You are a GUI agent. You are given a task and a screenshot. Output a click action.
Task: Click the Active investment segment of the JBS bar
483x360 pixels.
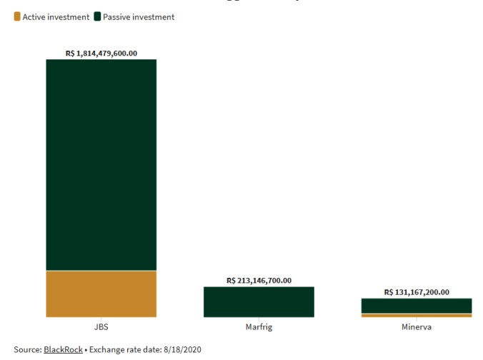pos(101,294)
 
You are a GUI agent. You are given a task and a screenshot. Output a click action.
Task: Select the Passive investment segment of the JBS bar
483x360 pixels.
pos(101,164)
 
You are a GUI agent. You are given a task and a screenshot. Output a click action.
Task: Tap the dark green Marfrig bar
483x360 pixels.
pos(259,301)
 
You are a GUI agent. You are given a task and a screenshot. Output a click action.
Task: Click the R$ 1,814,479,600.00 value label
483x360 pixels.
pos(101,53)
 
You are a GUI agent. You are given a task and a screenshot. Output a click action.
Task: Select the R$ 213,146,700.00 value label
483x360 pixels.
pos(259,281)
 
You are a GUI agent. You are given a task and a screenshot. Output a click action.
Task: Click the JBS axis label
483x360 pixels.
pos(101,327)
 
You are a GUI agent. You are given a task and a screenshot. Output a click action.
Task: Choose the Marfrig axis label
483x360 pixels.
pos(259,327)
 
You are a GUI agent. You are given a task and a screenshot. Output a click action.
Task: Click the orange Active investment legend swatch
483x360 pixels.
pos(17,16)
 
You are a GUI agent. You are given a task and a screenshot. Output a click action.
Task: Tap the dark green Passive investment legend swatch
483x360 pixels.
pos(98,16)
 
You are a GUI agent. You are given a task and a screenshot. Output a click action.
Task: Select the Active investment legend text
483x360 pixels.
pos(56,16)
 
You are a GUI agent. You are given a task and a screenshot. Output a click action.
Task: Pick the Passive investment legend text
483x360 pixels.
pos(139,16)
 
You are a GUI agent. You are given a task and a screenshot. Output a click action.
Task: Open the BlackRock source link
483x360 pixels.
pos(63,349)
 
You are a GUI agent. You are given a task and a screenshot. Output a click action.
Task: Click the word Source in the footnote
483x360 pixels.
pos(26,349)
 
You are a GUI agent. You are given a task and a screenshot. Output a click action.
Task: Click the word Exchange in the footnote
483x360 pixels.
pos(109,349)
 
